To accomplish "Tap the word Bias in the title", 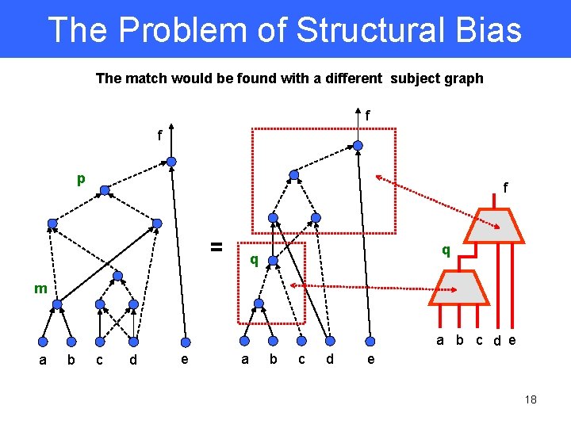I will tap(492, 30).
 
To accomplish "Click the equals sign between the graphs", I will tap(215, 246).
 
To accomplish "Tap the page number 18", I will tap(531, 399).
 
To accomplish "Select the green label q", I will tap(254, 259).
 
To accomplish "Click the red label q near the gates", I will tap(446, 250).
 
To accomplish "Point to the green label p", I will tap(81, 179).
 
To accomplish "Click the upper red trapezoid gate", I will tap(494, 227).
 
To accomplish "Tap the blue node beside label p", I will tap(103, 190).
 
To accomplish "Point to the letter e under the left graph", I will tap(185, 361).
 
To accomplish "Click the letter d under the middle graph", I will tap(330, 361).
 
